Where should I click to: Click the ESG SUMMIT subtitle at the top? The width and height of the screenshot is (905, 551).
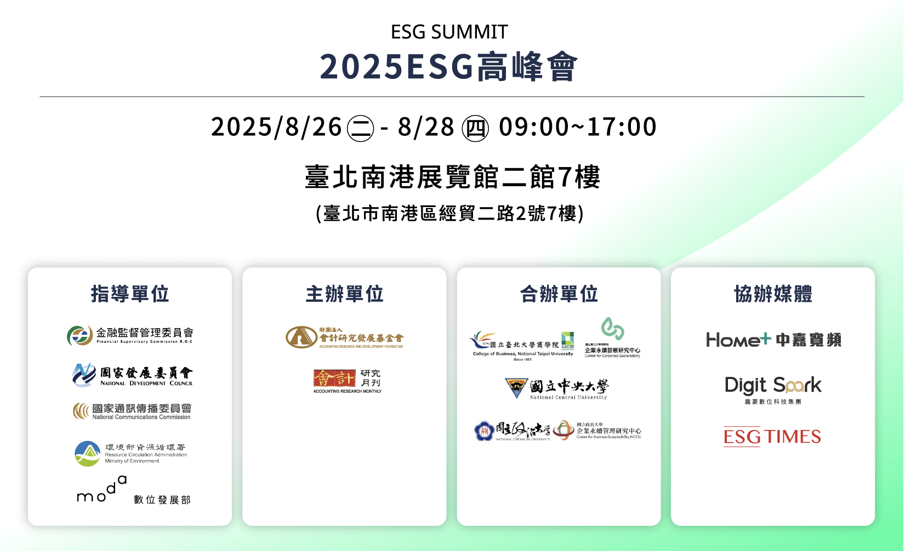click(449, 32)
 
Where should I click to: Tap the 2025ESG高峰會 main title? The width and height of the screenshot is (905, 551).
click(448, 67)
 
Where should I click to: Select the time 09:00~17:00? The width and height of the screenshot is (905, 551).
click(577, 127)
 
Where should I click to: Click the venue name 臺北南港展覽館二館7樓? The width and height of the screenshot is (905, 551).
click(452, 177)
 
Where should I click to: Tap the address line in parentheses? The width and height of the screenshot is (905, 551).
click(449, 213)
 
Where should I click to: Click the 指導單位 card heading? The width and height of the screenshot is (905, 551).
click(130, 294)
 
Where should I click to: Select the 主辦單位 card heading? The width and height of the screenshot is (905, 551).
click(344, 294)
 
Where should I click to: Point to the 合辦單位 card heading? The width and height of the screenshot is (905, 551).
click(559, 294)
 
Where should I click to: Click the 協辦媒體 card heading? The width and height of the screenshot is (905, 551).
click(773, 294)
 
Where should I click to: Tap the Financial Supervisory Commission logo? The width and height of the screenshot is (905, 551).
click(130, 335)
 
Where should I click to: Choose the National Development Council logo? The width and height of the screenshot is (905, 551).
click(132, 375)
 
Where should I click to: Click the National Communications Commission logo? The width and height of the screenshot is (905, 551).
click(132, 411)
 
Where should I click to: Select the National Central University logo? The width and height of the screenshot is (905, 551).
click(556, 389)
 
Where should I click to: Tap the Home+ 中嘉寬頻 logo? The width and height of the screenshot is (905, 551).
click(773, 340)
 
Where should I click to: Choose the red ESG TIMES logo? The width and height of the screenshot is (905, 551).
click(772, 437)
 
